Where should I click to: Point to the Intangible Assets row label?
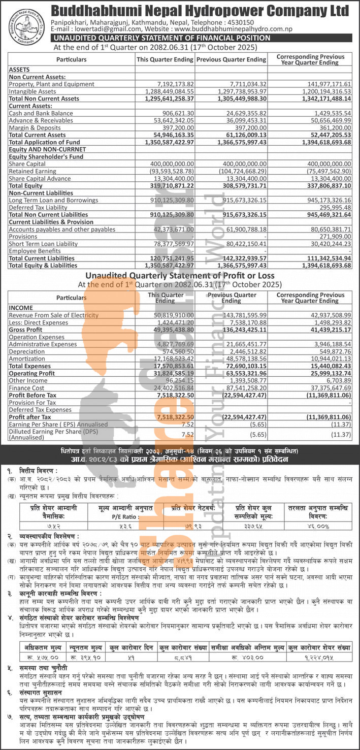[32, 91]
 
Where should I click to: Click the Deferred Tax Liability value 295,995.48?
[331, 208]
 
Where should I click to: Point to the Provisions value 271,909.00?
[331, 237]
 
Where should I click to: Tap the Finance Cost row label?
[26, 387]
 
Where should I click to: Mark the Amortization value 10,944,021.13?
[326, 358]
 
